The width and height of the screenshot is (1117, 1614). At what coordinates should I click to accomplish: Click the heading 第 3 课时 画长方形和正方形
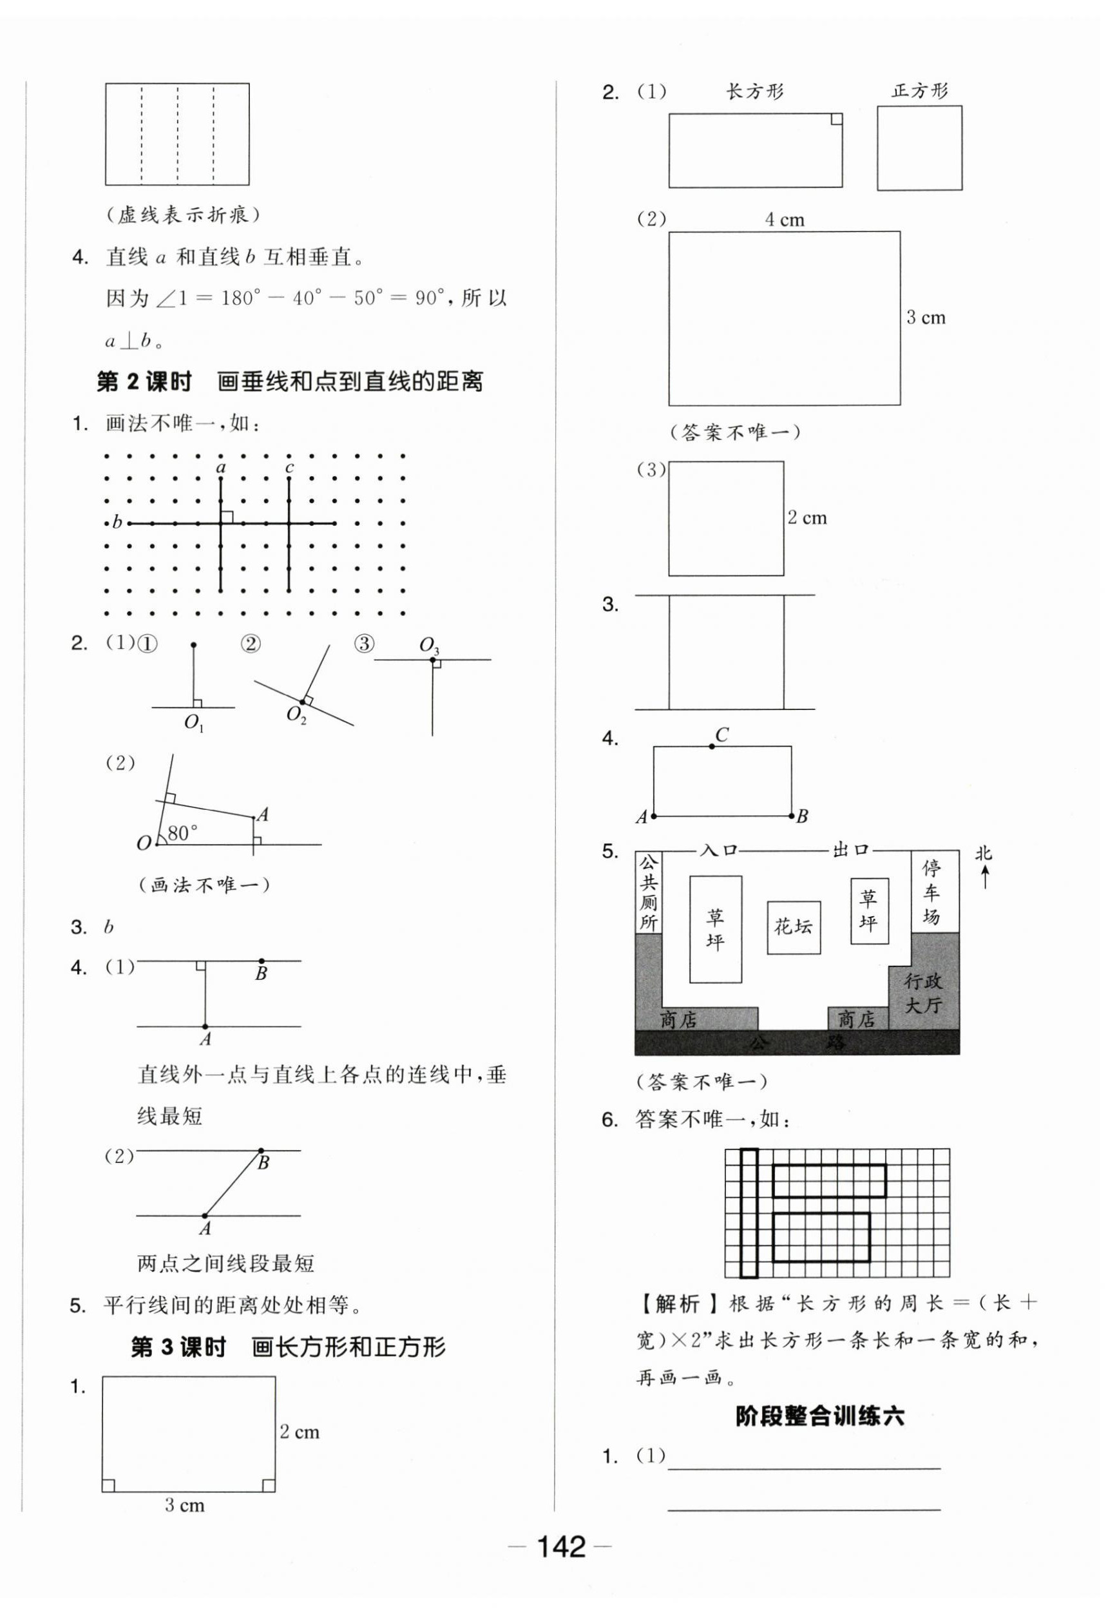tap(288, 1347)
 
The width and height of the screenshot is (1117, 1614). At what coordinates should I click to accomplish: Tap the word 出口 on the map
tap(850, 850)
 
